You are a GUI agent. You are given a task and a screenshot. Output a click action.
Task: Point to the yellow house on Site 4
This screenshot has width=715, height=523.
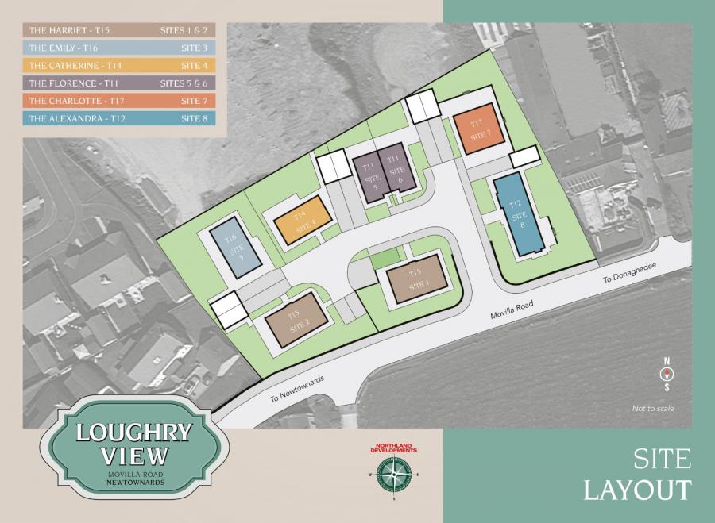pos(300,224)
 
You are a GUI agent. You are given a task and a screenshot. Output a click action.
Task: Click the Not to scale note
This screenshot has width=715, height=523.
pos(653,408)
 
